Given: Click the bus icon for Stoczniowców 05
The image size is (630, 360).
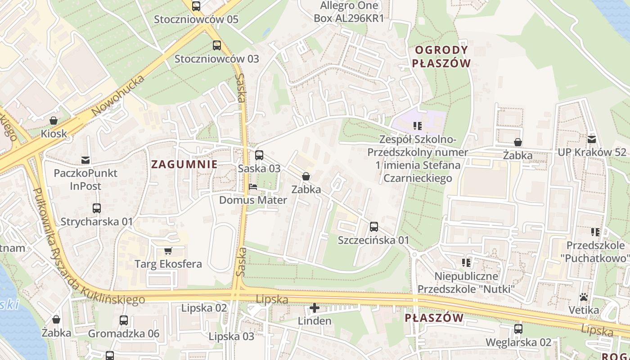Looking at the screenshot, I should coord(196,6).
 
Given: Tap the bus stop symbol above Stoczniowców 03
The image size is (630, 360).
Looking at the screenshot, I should coord(217,45).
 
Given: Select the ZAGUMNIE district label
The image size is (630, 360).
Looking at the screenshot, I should coord(184,164).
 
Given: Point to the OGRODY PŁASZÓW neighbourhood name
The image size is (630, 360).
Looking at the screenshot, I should coord(441,56).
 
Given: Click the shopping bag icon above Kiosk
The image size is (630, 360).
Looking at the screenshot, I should coord(54,121).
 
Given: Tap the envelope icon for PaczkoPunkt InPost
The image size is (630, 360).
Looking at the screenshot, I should coord(85,160).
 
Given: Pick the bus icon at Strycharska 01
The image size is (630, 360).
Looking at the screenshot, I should coord(97,208).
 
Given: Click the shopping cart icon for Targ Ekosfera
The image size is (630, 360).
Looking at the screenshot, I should coord(168,251).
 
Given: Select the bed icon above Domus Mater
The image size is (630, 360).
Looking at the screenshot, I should coord(253,187).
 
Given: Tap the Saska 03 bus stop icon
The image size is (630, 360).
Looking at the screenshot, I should coord(259,155).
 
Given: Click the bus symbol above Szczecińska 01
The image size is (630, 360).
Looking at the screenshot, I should coord(373,227).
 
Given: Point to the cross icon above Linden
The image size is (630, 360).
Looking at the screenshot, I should coord(315,308).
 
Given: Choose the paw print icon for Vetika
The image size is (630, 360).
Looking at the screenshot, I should coord(584,297).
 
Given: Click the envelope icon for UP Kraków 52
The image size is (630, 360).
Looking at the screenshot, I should coord(591,139).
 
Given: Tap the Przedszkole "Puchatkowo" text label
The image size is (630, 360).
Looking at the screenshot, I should coord(596,252).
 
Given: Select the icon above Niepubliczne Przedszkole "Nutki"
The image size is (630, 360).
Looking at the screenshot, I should coord(466,262).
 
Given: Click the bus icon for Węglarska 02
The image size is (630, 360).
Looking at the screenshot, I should coord(518,329).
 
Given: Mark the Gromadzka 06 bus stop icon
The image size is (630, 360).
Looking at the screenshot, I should coord(124,320).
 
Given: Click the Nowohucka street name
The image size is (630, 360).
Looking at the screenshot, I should coord(118,95).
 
